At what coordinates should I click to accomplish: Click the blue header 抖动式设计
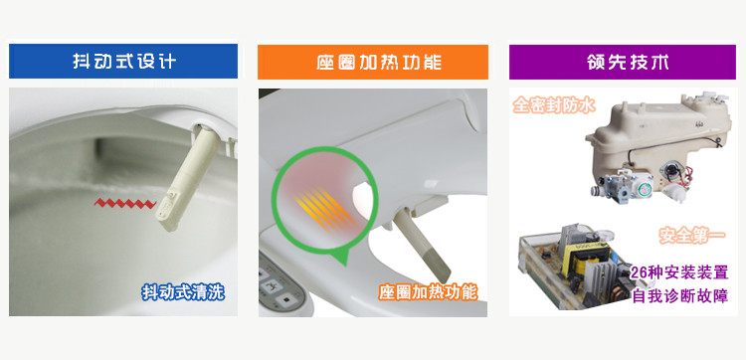tap(123, 62)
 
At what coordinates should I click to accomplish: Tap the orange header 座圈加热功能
tap(373, 62)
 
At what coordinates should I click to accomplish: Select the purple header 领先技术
tap(623, 62)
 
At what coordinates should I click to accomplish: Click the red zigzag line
tap(125, 204)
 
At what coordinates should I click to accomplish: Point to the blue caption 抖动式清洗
tap(183, 292)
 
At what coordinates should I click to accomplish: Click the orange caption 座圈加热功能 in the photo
tap(428, 292)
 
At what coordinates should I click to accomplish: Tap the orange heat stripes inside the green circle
tap(324, 209)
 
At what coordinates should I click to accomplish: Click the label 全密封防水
tap(554, 105)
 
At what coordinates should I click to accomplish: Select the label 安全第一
tap(692, 235)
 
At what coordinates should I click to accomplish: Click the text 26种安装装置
tap(679, 272)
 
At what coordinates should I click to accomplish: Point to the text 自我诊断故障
tap(680, 296)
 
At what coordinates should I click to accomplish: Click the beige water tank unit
tap(658, 138)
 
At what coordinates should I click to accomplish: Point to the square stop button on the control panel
tap(285, 300)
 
